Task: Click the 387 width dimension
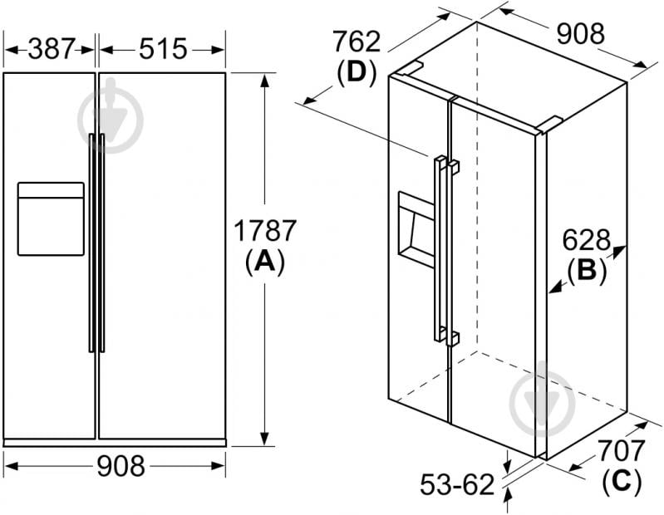[x=52, y=49]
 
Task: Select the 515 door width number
[x=163, y=49]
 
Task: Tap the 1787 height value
[x=265, y=231]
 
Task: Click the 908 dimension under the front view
[x=121, y=466]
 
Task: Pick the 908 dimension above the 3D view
[x=580, y=34]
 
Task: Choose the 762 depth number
[x=357, y=42]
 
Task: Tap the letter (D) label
[x=357, y=72]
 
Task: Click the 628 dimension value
[x=587, y=240]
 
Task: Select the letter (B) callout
[x=587, y=270]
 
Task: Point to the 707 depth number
[x=622, y=450]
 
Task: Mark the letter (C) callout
[x=622, y=480]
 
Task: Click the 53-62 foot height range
[x=457, y=484]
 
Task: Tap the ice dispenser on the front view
[x=51, y=218]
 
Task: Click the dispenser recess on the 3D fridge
[x=416, y=230]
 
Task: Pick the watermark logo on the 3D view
[x=543, y=398]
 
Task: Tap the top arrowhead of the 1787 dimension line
[x=265, y=81]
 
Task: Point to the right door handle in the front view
[x=101, y=243]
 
